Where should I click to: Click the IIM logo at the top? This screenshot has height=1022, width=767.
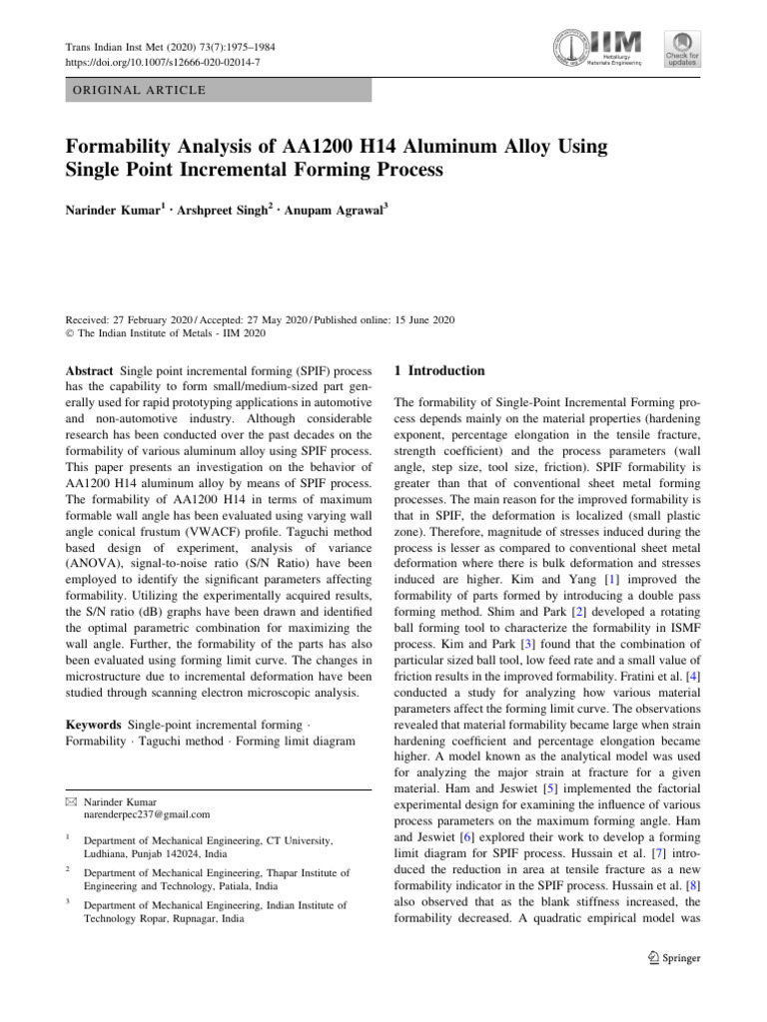click(598, 47)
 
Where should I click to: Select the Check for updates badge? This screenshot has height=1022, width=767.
click(683, 49)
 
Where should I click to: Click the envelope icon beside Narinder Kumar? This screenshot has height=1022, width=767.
click(70, 801)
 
